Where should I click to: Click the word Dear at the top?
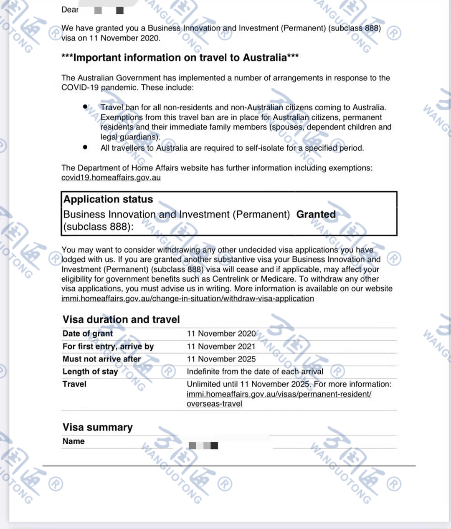coord(70,10)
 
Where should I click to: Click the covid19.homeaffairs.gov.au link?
coord(111,177)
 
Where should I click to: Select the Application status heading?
coord(108,199)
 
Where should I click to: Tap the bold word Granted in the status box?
coord(316,214)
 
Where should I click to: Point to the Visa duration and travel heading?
coord(121,319)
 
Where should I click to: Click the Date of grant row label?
coord(88,333)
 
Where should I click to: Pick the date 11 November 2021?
coord(221,346)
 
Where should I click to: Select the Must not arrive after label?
coord(101,359)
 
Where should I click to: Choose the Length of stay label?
coord(90,371)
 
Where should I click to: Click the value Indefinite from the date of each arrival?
coord(255,371)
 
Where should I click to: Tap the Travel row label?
coord(74,384)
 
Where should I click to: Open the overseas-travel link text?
coord(214,404)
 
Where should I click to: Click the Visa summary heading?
coord(97,427)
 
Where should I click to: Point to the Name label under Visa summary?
coord(73,441)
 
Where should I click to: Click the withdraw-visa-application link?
coord(187,299)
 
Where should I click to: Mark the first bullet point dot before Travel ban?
coord(85,107)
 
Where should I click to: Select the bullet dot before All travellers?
coord(85,147)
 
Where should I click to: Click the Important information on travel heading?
coord(180,58)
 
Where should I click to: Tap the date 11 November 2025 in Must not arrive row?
coord(221,359)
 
